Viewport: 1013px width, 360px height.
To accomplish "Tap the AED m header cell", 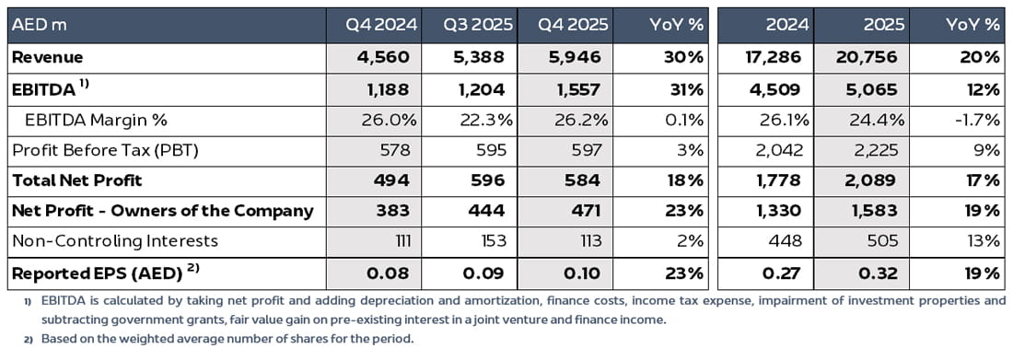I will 37,25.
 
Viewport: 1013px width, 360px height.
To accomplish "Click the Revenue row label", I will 47,57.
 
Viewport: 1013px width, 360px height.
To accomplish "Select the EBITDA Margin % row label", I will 95,120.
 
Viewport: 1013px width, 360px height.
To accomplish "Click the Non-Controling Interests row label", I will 114,241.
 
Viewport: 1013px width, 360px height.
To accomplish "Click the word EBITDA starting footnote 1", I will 49,300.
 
